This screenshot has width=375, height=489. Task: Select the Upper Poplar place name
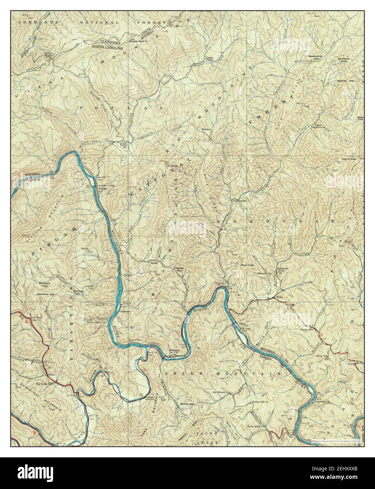[210, 59]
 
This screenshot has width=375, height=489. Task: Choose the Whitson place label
[206, 129]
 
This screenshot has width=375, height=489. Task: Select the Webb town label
[279, 297]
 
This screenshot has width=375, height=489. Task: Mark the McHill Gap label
[187, 404]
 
